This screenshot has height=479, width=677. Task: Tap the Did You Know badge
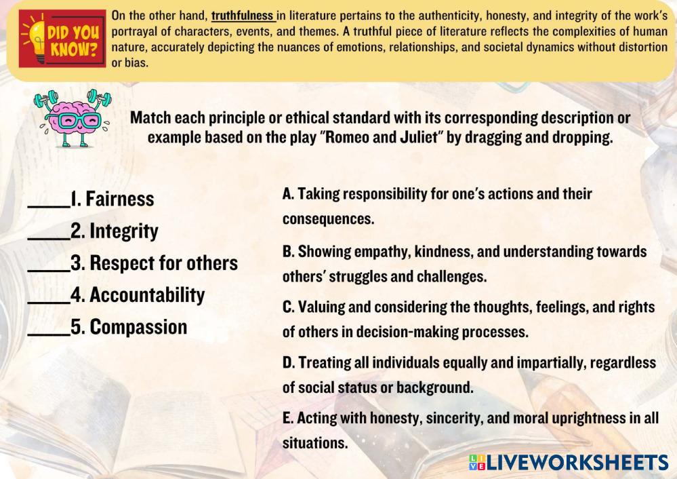[x=62, y=39]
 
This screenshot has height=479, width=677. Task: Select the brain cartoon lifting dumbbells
[x=73, y=117]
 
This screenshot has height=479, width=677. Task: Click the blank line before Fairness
[x=49, y=207]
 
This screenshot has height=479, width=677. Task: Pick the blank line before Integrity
[x=49, y=238]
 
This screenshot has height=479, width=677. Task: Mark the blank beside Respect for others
[x=49, y=270]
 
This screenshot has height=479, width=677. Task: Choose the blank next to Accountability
[x=49, y=302]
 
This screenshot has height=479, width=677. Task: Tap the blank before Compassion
[x=49, y=334]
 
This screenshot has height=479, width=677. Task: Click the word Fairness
[x=120, y=199]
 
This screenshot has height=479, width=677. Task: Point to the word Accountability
[x=147, y=295]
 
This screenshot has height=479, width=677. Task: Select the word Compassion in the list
[x=139, y=327]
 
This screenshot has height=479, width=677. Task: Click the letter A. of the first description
[x=288, y=193]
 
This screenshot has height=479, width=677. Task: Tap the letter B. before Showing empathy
[x=289, y=252]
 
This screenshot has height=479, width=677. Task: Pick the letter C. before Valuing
[x=289, y=307]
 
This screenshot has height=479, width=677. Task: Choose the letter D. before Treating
[x=289, y=363]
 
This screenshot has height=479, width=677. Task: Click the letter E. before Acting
[x=287, y=418]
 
